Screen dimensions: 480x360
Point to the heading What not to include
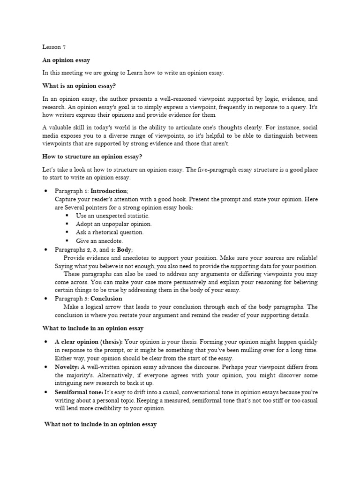click(x=100, y=424)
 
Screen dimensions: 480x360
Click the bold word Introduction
click(x=109, y=191)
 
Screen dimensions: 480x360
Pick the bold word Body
click(x=124, y=250)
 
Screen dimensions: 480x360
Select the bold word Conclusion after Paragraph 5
click(x=106, y=299)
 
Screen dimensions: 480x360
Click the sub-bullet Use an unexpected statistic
click(x=112, y=216)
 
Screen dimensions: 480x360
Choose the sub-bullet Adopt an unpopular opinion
click(x=113, y=224)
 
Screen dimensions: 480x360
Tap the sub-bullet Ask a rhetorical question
click(x=110, y=232)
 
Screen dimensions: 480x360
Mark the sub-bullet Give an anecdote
click(x=99, y=241)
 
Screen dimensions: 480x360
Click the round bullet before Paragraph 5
click(x=46, y=299)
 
